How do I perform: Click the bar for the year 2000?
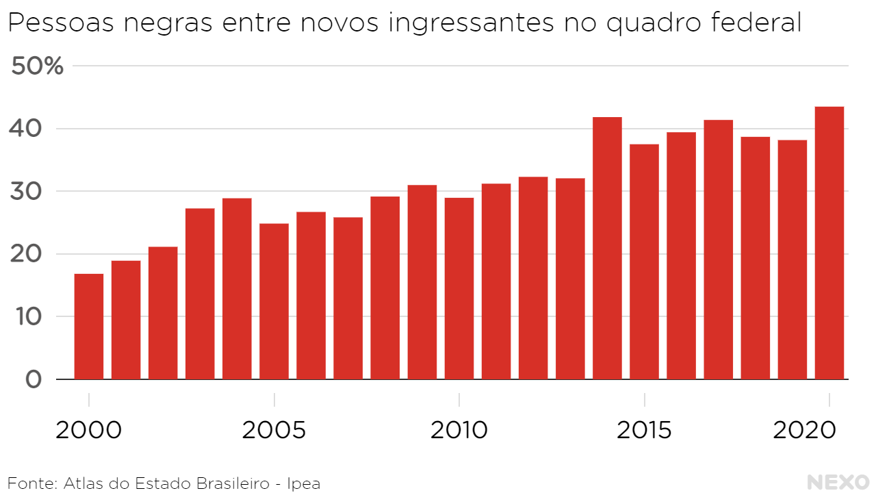89,327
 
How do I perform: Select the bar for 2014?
607,248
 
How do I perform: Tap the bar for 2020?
829,243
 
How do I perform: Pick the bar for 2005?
274,301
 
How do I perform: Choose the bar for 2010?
459,288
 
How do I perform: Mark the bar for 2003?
200,294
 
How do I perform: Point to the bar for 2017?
718,249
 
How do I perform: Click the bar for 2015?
644,262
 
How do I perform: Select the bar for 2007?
348,298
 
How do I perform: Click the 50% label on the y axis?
38,66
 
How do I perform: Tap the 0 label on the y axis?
33,379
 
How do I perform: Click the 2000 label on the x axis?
89,431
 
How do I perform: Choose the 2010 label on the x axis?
459,431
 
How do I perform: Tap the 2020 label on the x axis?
805,431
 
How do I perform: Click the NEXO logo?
838,482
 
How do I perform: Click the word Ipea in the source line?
303,483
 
